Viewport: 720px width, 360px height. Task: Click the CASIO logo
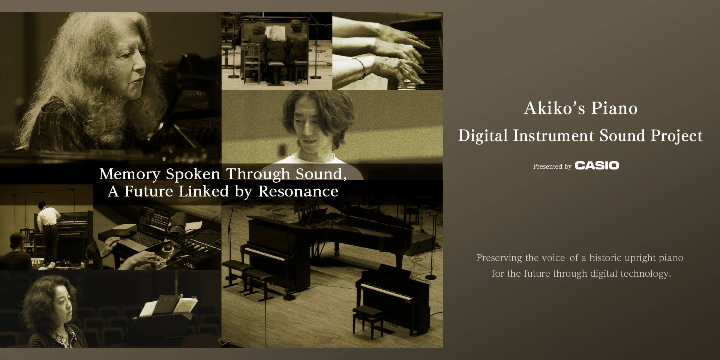point(597,165)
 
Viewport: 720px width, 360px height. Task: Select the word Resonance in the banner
point(298,191)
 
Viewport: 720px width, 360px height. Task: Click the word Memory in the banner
point(130,174)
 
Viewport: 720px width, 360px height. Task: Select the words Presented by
point(552,166)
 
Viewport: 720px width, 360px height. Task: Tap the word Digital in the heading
point(483,136)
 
